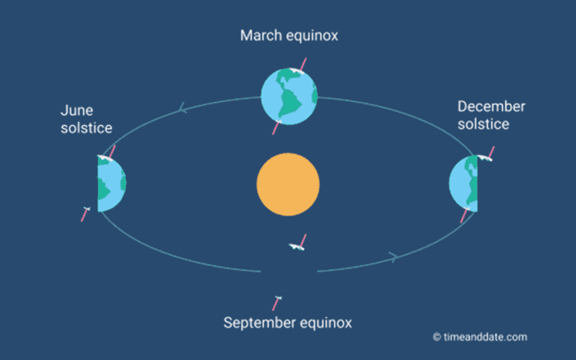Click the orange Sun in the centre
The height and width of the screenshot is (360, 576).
[288, 184]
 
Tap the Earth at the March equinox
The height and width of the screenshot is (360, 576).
[289, 97]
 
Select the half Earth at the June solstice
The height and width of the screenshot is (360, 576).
[112, 183]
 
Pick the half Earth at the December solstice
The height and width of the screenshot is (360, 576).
[463, 183]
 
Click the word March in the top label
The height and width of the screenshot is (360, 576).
[261, 35]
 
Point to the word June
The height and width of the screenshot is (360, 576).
[76, 110]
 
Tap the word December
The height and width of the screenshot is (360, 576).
[491, 106]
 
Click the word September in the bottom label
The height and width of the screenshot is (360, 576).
[260, 323]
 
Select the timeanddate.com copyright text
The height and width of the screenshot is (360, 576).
[480, 337]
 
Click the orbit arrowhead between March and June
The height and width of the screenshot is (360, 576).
[182, 108]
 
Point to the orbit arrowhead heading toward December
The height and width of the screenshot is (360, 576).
[393, 256]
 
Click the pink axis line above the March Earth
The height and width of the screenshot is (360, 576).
[303, 64]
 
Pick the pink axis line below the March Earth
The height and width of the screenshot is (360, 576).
[276, 128]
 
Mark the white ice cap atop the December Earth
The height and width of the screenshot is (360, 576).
[484, 157]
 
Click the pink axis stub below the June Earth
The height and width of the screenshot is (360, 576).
[85, 214]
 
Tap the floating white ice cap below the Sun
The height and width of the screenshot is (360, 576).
[296, 247]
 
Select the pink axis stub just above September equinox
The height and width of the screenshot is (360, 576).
[276, 303]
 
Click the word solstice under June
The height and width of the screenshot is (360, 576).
[87, 128]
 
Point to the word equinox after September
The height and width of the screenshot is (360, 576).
[326, 323]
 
